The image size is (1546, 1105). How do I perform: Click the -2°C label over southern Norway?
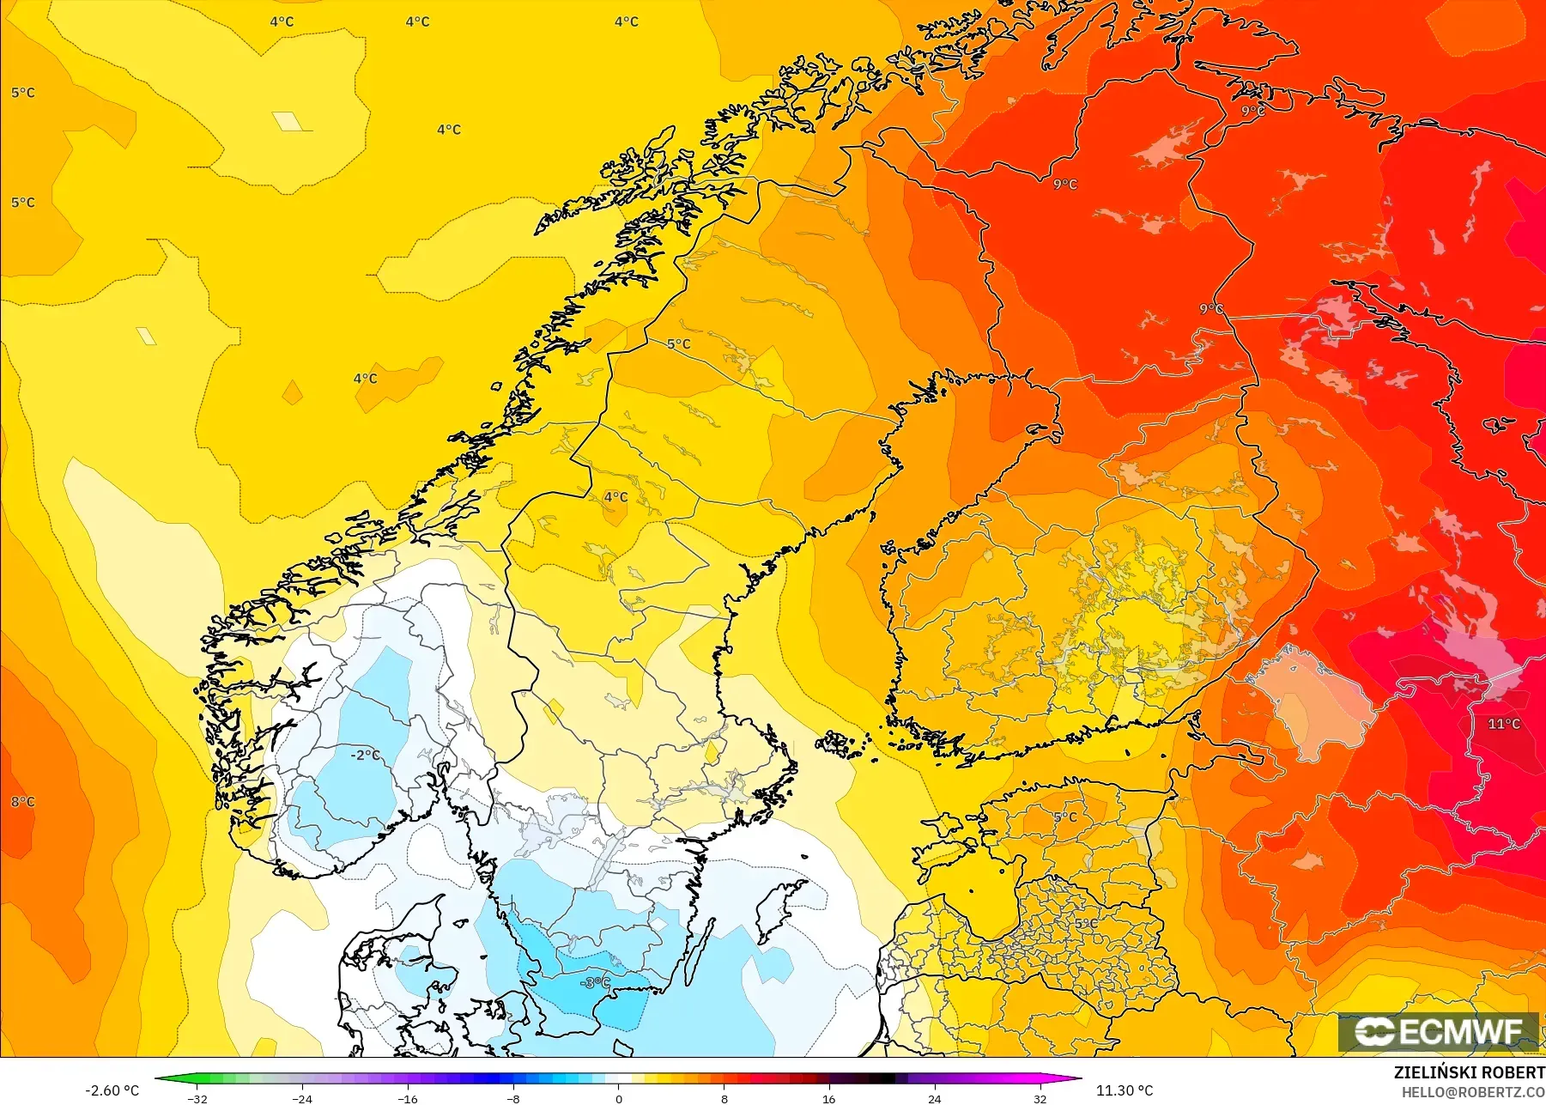pos(366,755)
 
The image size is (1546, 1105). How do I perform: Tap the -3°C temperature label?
pos(596,982)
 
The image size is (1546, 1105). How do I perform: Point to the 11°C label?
pos(1504,724)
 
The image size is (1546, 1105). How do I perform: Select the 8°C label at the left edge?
pos(23,802)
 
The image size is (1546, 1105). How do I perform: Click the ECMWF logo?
pos(1440,1031)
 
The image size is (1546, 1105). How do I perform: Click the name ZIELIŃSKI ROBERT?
pos(1469,1072)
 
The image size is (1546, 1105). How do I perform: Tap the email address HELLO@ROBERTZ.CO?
pos(1473,1092)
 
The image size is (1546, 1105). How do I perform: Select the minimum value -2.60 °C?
pos(112,1090)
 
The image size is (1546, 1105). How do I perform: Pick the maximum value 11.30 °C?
pos(1125,1090)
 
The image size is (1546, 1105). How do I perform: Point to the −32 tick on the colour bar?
pos(198,1098)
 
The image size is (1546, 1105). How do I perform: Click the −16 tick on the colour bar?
pos(408,1098)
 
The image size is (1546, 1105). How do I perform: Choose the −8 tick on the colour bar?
pos(512,1098)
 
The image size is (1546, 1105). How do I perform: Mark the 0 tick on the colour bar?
pos(618,1098)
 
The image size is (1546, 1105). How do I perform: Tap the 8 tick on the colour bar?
pos(724,1098)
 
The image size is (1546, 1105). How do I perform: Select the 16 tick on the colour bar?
pos(828,1098)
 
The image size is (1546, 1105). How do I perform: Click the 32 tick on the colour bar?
pos(1040,1098)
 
